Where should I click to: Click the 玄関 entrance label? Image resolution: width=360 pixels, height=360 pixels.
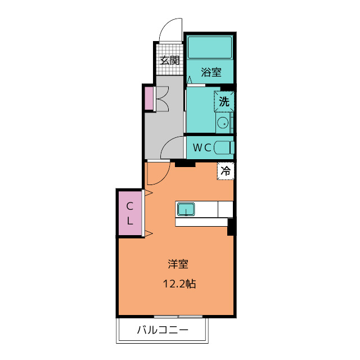[x=170, y=60]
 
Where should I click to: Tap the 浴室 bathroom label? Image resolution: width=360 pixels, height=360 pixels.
[x=211, y=72]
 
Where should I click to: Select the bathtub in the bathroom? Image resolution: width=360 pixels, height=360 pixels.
[x=210, y=47]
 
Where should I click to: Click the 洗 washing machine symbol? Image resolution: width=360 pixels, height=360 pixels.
[x=224, y=101]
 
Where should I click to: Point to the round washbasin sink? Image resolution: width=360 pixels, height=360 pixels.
[x=223, y=123]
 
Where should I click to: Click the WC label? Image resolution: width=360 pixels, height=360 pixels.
[x=202, y=147]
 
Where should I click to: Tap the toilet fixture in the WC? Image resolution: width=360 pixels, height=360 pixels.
[x=224, y=147]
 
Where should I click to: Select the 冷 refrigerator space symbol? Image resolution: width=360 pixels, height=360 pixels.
[x=226, y=171]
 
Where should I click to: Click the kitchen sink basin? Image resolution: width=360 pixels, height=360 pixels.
[x=186, y=209]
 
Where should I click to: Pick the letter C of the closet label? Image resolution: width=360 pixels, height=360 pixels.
[x=130, y=206]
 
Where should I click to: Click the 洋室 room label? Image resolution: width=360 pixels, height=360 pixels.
[x=178, y=264]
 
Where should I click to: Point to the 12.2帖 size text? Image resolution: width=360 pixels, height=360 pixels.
[x=179, y=283]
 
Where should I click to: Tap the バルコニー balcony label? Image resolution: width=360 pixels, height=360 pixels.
[x=163, y=330]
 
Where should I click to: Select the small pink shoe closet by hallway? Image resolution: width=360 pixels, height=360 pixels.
[x=149, y=98]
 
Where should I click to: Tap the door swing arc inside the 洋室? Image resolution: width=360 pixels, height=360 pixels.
[x=164, y=178]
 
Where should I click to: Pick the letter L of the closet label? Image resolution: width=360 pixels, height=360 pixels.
[x=130, y=221]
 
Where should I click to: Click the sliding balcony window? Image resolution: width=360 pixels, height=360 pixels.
[x=178, y=317]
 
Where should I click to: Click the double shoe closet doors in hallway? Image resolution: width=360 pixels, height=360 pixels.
[x=163, y=99]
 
